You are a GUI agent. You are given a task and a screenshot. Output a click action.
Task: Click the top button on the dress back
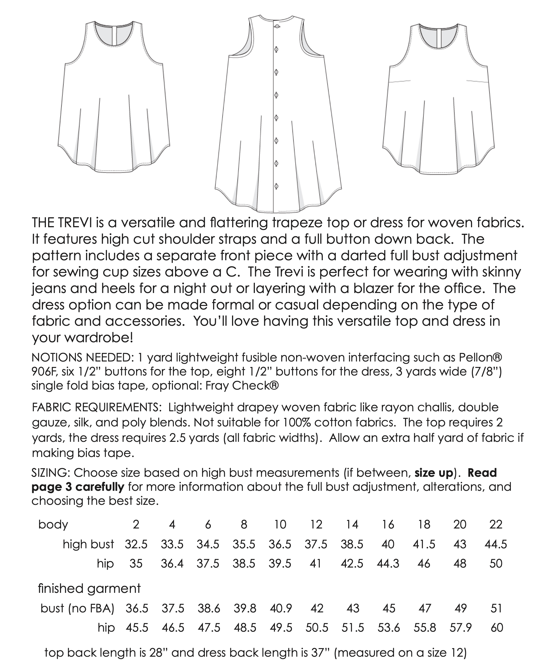277,26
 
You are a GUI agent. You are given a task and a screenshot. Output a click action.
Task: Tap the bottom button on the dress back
276,187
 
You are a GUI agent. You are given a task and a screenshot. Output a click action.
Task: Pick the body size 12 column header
316,524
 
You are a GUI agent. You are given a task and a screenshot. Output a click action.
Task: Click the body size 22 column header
496,524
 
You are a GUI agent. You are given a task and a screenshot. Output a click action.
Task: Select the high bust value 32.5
136,544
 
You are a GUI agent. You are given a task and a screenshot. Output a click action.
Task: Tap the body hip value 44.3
388,563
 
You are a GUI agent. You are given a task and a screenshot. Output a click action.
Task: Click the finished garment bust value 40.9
281,608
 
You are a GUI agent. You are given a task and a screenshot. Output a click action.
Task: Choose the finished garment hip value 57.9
461,627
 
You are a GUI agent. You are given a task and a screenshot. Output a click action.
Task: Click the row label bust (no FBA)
77,608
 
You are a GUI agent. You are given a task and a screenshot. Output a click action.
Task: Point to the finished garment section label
89,588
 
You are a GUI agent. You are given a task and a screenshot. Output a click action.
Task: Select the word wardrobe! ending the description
98,338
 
